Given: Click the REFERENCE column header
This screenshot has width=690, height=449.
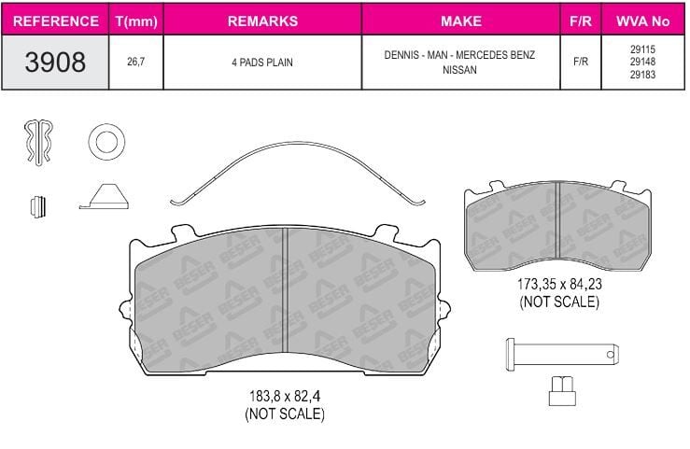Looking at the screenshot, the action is coord(56,21).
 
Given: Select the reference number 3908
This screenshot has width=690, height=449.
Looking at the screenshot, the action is coord(55,62).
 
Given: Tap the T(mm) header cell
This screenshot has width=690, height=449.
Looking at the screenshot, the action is coord(136,21).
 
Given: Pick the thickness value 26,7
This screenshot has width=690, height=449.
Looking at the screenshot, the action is coord(136,62).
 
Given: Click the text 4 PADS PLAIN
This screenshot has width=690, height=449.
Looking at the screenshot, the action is coord(262,63).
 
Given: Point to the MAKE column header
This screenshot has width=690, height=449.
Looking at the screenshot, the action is coord(460,21).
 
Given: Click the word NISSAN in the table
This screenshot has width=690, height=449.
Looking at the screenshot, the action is coord(459,70).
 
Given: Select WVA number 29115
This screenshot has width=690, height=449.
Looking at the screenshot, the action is coord(642,49).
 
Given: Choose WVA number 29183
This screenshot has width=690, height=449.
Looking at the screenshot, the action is coord(642,75).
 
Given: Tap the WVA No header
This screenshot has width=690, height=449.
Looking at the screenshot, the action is coord(642,21).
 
